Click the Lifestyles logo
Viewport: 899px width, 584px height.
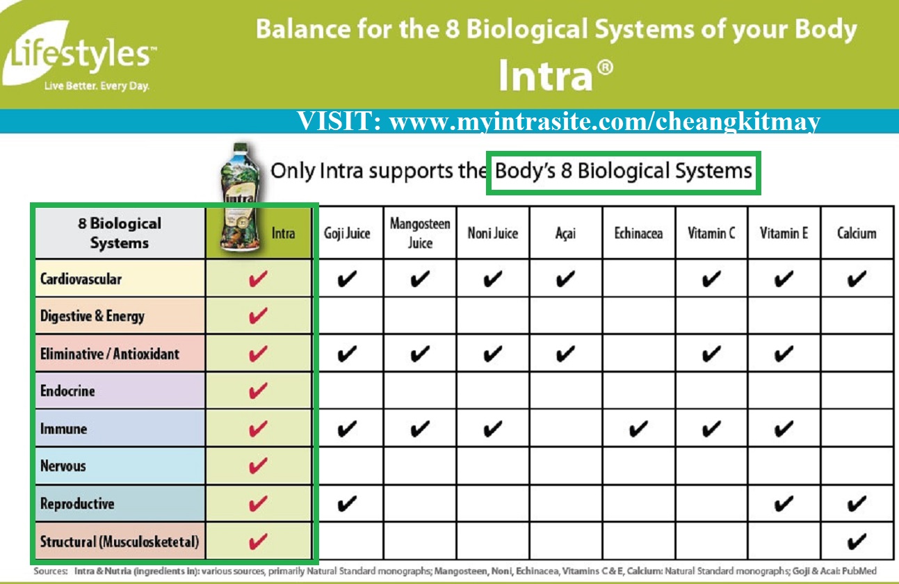click(x=80, y=56)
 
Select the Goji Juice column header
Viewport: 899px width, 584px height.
click(x=347, y=233)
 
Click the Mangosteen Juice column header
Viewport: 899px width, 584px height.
click(x=420, y=233)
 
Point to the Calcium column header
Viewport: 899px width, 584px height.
click(x=857, y=233)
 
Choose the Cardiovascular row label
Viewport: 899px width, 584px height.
click(x=81, y=279)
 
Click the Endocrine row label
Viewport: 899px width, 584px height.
click(x=67, y=391)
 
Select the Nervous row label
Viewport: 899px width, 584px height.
click(x=63, y=466)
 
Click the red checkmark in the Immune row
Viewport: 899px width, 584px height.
click(x=258, y=429)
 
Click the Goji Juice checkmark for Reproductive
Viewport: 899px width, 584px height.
click(x=346, y=504)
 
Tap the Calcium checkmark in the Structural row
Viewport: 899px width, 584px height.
click(x=857, y=541)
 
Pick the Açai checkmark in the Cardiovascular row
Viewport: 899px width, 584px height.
click(x=565, y=279)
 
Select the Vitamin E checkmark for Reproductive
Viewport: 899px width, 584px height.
click(x=784, y=504)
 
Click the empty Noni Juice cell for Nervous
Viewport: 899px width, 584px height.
click(x=492, y=466)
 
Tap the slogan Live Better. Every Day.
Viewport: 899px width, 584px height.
click(x=97, y=88)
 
